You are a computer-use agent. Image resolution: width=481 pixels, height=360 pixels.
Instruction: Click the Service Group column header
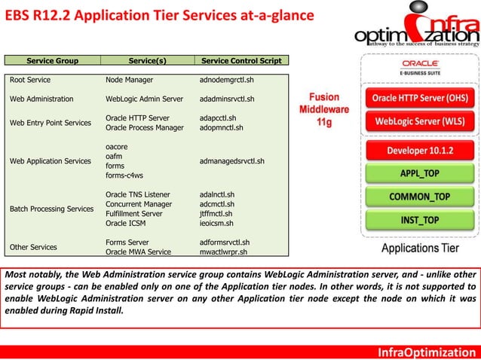tap(53, 60)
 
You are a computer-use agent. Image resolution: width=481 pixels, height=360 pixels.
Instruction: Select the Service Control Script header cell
tap(240, 60)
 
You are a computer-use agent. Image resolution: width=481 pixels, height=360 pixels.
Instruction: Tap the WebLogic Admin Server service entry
tap(144, 99)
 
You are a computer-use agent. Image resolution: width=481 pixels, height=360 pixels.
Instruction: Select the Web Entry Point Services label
tap(50, 123)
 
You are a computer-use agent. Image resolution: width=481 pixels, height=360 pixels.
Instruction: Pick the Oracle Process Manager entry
tap(144, 128)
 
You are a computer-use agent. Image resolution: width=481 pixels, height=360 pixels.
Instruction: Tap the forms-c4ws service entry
tap(124, 175)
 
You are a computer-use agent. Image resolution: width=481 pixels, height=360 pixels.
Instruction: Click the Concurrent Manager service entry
tap(139, 204)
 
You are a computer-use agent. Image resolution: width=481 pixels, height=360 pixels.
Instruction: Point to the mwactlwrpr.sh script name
tap(224, 252)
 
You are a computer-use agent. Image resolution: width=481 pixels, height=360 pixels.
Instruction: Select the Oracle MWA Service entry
tap(138, 252)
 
